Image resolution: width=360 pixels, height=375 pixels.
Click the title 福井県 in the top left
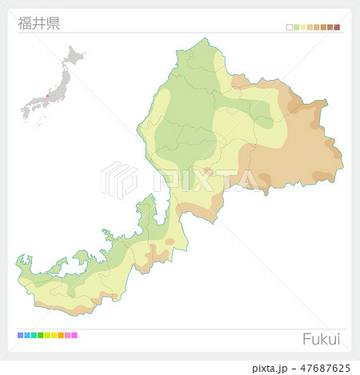pos(38,22)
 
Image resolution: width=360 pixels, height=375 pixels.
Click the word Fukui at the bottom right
pos(321,338)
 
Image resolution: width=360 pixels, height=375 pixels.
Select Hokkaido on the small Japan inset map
pos(74,56)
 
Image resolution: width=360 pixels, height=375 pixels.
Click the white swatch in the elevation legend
pos(290,27)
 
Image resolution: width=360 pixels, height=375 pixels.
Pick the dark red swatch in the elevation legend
pos(337,27)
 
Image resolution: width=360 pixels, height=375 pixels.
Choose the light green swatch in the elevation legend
pos(296,27)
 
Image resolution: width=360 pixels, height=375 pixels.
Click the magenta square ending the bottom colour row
pos(74,335)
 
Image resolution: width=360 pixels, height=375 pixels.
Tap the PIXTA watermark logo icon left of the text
pos(119,178)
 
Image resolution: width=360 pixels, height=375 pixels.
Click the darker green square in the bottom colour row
pos(40,335)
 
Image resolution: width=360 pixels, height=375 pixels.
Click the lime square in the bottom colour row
pos(47,335)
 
